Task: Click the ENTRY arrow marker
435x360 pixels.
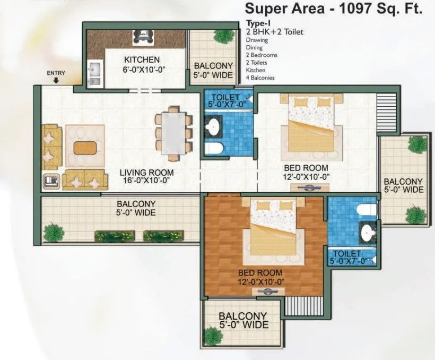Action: tap(56, 81)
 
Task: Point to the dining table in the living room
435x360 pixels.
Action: tap(173, 130)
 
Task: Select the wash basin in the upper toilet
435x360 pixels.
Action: tap(214, 126)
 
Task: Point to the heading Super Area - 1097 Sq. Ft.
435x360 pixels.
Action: tap(334, 8)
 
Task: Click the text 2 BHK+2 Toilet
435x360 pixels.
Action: tap(274, 32)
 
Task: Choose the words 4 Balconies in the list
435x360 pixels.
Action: tap(259, 78)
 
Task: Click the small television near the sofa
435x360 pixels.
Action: tap(51, 181)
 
